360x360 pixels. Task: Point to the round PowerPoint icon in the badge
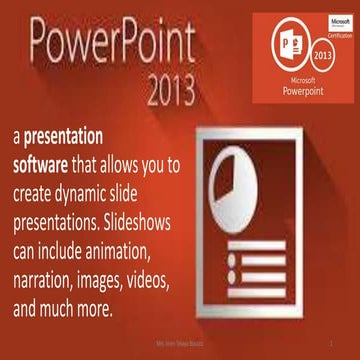pyautogui.click(x=293, y=45)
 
